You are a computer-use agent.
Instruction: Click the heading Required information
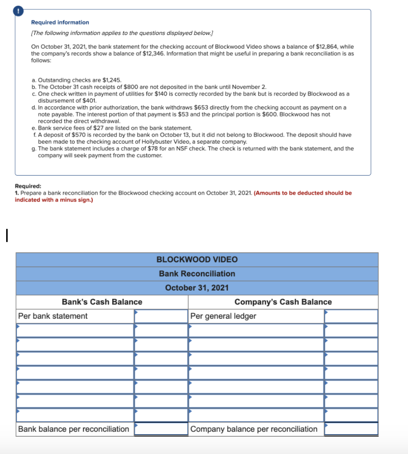tap(60, 22)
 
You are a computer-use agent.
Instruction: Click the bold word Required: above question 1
tap(28, 187)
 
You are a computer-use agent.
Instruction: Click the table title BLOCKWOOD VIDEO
tap(197, 259)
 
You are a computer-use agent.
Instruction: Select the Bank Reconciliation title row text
tap(197, 274)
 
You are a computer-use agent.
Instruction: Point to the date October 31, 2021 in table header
tap(197, 288)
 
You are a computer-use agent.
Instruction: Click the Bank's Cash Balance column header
tap(102, 302)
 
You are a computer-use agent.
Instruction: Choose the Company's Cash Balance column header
tap(283, 302)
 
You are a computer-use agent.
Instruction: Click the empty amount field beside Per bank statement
tap(161, 316)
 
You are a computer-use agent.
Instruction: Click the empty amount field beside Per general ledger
tap(351, 316)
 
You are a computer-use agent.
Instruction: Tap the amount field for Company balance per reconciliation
tap(351, 429)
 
